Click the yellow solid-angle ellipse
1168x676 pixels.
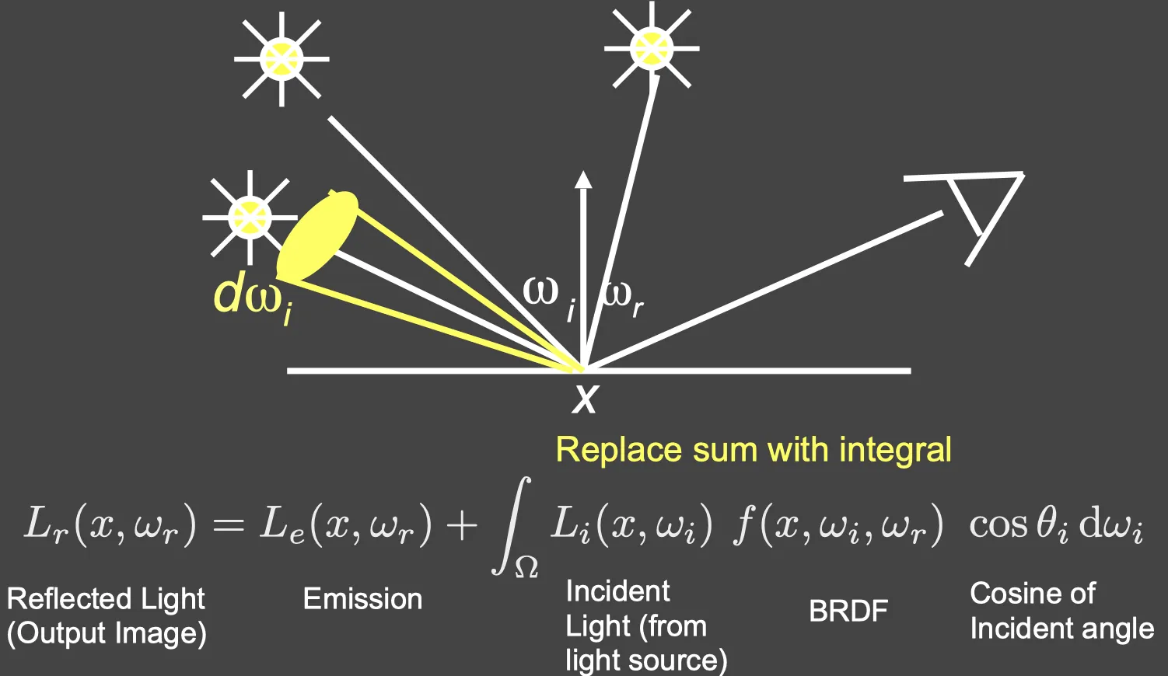click(317, 235)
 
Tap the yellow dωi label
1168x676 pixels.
click(254, 301)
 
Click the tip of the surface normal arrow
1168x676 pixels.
click(583, 172)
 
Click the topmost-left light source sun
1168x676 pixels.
click(282, 59)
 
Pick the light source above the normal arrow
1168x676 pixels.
click(651, 48)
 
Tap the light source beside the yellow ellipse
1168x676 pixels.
click(250, 217)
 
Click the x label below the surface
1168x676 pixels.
click(584, 399)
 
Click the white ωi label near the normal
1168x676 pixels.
click(549, 300)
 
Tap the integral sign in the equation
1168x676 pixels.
click(512, 525)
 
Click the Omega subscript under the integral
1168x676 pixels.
click(526, 568)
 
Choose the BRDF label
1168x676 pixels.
click(848, 611)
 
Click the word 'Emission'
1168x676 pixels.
click(363, 599)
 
